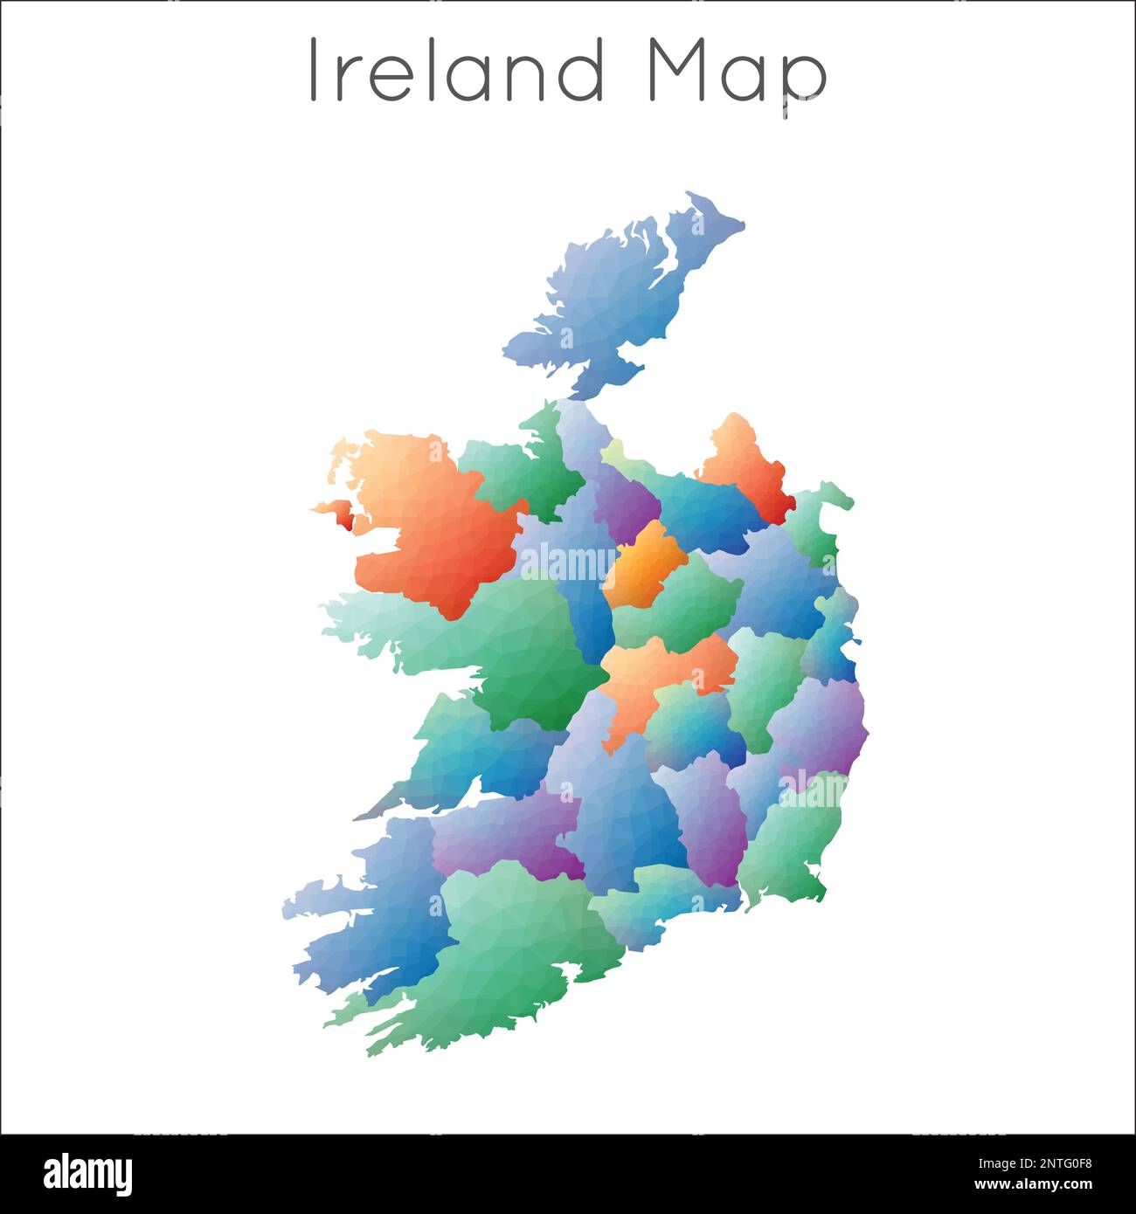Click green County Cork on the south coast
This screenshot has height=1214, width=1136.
point(516,943)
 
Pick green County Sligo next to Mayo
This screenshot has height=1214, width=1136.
point(516,472)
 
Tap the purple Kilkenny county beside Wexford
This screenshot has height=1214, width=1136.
point(712,821)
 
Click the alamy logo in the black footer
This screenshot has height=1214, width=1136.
point(88,1174)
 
